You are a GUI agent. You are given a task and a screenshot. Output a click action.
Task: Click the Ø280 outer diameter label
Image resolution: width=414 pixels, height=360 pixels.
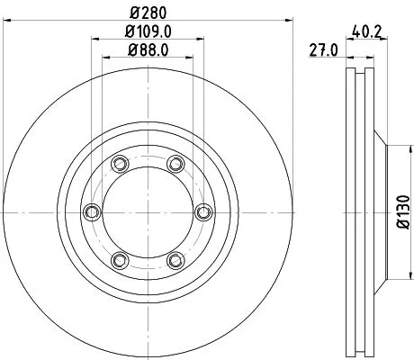click(x=147, y=12)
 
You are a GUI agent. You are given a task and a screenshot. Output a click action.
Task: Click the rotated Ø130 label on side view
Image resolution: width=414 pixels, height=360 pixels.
click(x=401, y=212)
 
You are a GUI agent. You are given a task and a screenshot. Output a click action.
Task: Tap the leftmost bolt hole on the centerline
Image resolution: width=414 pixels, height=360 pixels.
click(x=91, y=211)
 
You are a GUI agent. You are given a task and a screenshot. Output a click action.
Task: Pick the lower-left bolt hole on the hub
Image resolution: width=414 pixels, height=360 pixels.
click(x=119, y=260)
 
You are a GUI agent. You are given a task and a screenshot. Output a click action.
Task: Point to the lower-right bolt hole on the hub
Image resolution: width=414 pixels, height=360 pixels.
click(x=175, y=260)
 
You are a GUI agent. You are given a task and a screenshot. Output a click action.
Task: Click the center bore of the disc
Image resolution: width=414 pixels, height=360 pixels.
click(x=147, y=211)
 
